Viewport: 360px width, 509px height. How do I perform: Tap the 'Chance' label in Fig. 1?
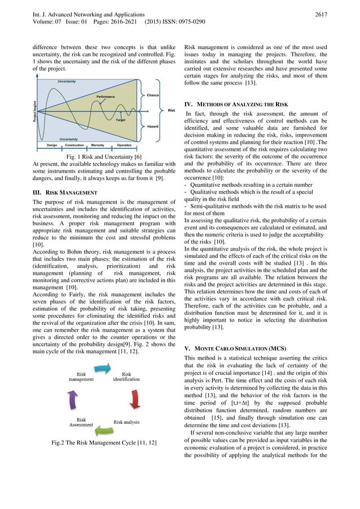(152, 95)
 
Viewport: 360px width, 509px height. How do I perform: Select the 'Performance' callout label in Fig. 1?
(106, 96)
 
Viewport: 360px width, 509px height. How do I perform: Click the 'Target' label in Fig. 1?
(120, 120)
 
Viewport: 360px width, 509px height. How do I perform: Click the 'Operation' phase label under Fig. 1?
(124, 145)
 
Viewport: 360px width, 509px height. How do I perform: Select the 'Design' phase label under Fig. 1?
(52, 145)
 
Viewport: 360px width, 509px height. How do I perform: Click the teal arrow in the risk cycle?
(102, 367)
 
